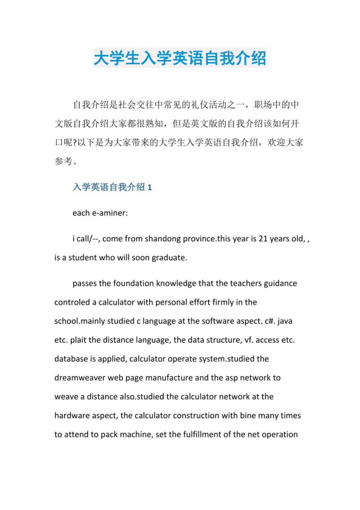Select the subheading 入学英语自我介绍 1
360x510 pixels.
click(x=112, y=187)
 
